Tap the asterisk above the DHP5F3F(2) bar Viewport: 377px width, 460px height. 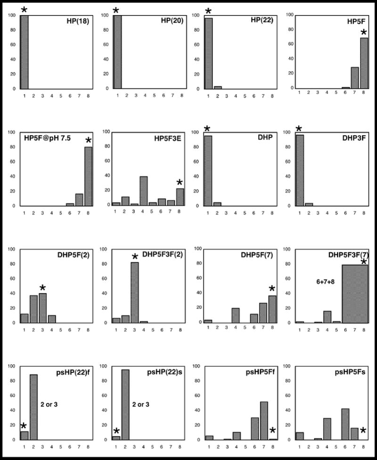pos(135,257)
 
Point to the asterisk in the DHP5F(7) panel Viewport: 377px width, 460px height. pos(273,289)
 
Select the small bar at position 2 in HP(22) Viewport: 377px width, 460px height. pos(217,88)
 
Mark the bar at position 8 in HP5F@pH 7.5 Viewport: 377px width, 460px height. pos(89,176)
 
